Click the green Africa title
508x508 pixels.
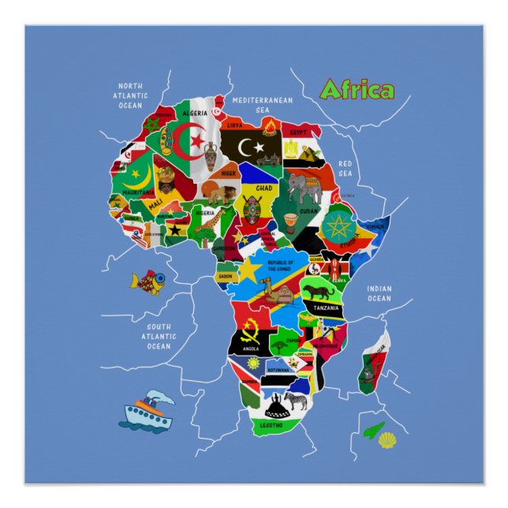(357, 90)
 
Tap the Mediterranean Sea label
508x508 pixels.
(263, 105)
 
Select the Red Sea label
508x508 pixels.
(346, 168)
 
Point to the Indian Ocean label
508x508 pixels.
(379, 293)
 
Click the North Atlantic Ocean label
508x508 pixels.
(130, 95)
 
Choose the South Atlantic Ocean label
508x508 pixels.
(159, 335)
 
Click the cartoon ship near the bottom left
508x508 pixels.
(147, 409)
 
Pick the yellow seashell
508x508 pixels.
(387, 439)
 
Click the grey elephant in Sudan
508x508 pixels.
(304, 188)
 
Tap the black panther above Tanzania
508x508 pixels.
(321, 292)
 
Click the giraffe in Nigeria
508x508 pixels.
(208, 224)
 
